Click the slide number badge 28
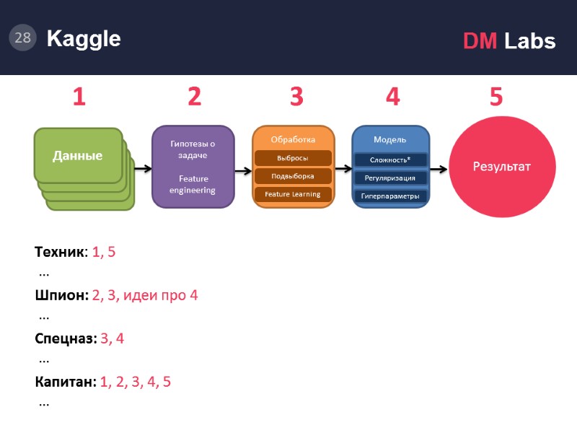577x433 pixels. [22, 38]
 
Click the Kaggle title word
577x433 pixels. [84, 39]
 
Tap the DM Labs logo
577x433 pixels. [509, 41]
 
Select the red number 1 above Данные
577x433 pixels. [79, 97]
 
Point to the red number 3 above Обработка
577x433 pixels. [296, 97]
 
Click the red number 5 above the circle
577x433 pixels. [496, 97]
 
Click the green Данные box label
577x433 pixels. [77, 155]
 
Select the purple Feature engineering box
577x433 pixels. [193, 167]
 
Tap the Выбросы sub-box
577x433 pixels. [293, 158]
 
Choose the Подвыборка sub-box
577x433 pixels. [293, 176]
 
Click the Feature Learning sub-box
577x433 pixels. [293, 194]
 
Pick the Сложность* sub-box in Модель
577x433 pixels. [390, 159]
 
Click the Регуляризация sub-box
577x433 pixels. [390, 178]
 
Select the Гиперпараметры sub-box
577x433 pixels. [390, 196]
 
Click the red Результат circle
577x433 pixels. [501, 167]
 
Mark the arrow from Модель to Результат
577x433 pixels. [439, 169]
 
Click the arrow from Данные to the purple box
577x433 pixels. [142, 169]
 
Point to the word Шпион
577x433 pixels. [61, 295]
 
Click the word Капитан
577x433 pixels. [65, 382]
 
